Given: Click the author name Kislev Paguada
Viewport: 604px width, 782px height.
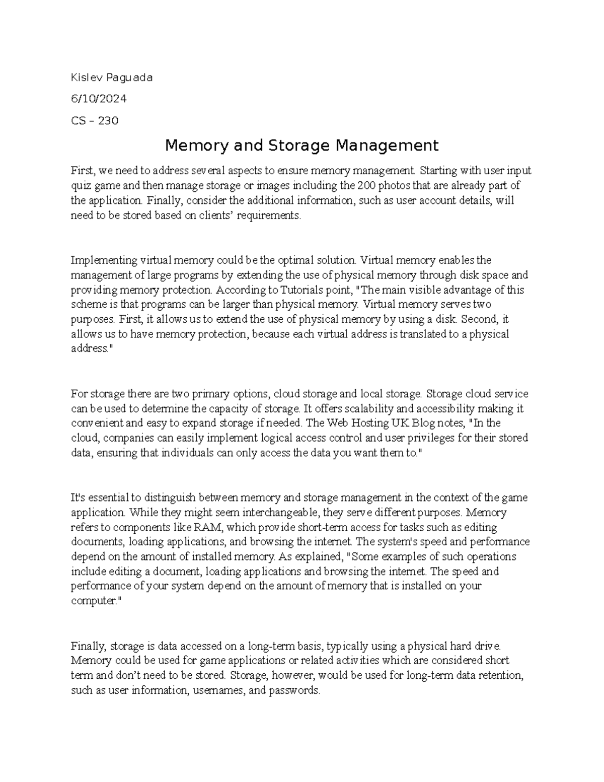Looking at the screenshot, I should tap(111, 78).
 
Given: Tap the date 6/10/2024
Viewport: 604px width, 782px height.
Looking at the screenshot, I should tap(99, 99).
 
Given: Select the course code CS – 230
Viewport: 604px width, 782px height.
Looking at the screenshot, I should tap(95, 120).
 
